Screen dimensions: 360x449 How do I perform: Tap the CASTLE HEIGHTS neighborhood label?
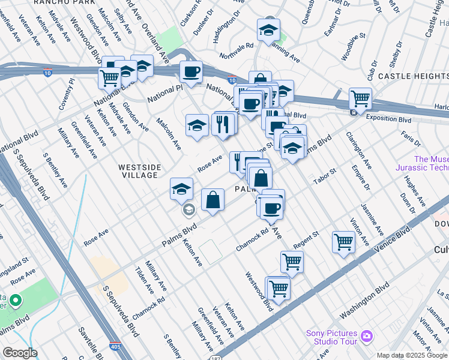click(413, 76)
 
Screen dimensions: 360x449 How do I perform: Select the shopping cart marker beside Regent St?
click(343, 242)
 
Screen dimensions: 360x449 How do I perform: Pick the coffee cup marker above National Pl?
click(191, 72)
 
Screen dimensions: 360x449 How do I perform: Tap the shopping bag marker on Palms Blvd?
click(212, 200)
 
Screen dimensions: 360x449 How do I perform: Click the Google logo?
click(20, 353)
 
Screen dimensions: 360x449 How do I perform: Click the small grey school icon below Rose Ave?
click(188, 209)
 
